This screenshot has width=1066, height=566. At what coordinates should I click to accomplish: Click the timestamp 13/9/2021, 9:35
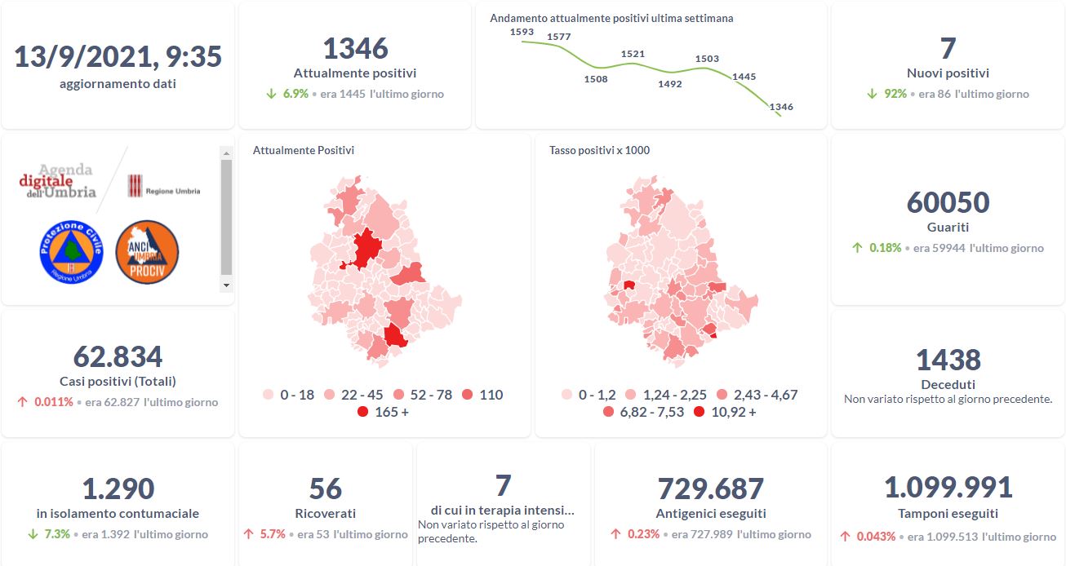tap(118, 57)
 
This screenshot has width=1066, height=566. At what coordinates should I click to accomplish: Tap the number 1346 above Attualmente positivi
tap(355, 49)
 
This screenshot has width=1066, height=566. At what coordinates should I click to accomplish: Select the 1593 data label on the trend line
tap(522, 32)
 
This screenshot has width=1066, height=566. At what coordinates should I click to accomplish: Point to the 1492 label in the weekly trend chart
tap(669, 83)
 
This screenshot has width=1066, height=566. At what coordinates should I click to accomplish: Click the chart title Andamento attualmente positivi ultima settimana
tap(611, 18)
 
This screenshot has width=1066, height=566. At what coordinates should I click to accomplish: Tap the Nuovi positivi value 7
tap(947, 49)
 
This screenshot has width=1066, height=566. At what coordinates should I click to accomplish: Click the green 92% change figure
tap(895, 94)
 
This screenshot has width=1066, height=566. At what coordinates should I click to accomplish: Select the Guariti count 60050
tap(948, 202)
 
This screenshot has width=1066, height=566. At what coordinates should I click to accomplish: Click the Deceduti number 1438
tap(948, 360)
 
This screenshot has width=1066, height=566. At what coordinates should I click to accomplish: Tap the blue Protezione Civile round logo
tap(71, 252)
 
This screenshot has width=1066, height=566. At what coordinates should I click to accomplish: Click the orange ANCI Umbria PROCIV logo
tap(147, 252)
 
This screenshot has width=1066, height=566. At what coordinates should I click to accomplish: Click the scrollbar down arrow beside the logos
tap(227, 285)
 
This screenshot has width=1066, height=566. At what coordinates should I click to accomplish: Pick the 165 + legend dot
tap(362, 412)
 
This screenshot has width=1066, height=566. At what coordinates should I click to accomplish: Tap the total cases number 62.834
tap(118, 356)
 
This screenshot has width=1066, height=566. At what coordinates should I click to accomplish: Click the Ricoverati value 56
tap(325, 489)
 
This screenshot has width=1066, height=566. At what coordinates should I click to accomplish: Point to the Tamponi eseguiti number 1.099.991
tap(948, 488)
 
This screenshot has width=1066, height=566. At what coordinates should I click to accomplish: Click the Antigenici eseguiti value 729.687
tap(710, 489)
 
